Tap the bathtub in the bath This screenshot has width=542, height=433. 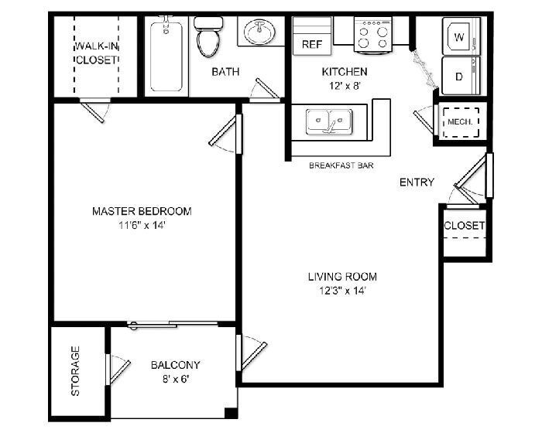point(165,58)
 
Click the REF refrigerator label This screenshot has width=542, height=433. point(311,45)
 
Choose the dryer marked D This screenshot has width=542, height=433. point(458,77)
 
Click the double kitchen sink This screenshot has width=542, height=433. point(328,122)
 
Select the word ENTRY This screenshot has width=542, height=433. point(417,182)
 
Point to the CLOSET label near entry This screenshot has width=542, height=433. point(465,226)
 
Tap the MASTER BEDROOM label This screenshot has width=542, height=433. point(142,210)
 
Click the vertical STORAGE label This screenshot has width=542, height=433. point(75,371)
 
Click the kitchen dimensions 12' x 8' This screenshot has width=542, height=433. point(338,87)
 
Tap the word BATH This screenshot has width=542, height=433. point(225,72)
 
